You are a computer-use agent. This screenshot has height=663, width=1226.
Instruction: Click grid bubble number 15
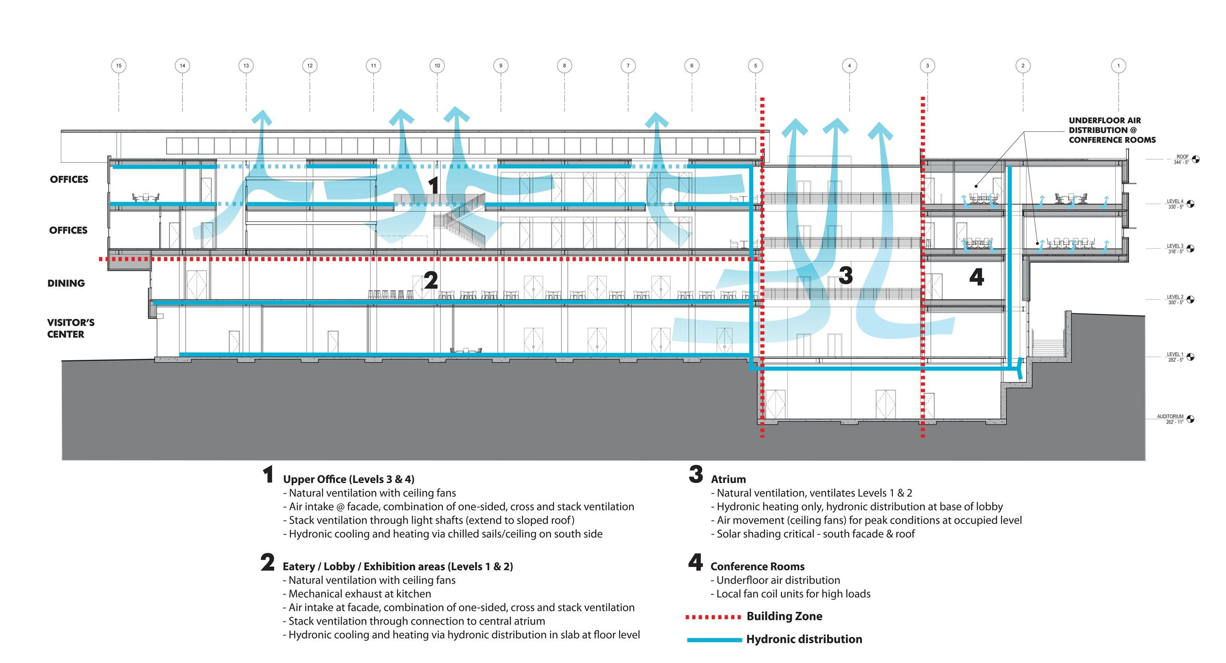(118, 66)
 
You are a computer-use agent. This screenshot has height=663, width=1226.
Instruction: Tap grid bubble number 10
(437, 66)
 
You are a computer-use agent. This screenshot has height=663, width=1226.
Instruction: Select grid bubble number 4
(849, 66)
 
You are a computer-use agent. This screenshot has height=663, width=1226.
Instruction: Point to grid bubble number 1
(1118, 66)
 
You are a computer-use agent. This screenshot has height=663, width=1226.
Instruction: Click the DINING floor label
(66, 283)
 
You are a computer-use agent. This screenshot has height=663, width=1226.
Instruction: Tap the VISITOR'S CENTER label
(70, 328)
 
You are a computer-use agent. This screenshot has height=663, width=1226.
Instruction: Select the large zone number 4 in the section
(977, 277)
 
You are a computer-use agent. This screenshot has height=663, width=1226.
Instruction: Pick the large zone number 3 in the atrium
(845, 275)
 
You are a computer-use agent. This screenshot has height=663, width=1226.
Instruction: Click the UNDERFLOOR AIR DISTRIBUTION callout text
(1112, 130)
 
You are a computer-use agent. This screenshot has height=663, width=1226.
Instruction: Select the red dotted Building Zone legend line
(713, 617)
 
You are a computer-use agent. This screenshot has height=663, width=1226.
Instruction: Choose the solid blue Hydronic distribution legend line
(714, 640)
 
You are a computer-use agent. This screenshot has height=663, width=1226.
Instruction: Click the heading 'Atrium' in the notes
(728, 479)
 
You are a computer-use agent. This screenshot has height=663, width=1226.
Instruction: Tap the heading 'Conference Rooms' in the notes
(757, 566)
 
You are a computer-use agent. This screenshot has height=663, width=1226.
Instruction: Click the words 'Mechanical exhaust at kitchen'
(360, 594)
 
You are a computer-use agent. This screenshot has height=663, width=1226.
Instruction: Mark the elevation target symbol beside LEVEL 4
(1190, 204)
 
